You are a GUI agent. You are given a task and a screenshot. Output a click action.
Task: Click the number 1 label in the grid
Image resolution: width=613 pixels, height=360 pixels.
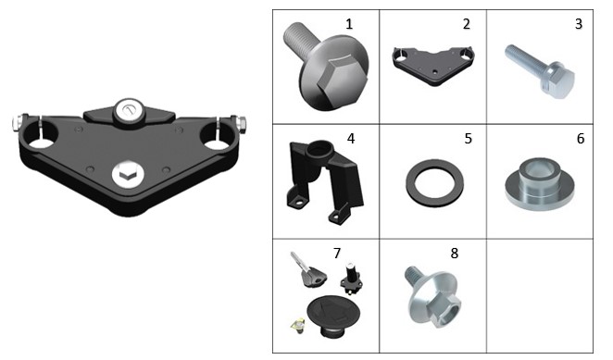point(349,24)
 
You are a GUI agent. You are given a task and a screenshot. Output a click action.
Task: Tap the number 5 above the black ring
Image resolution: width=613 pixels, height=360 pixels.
point(469,139)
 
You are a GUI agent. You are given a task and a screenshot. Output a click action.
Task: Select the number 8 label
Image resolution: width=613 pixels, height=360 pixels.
point(455,254)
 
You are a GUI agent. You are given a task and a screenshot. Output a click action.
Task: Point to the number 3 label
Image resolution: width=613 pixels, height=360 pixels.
point(579,24)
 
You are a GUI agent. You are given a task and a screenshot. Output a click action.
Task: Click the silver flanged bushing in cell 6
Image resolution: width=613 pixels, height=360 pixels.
point(540,184)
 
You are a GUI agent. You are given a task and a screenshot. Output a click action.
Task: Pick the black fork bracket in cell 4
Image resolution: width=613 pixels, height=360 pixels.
point(325,181)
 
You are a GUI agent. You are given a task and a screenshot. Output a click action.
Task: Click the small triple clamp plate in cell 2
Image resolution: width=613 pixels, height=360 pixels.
point(432,67)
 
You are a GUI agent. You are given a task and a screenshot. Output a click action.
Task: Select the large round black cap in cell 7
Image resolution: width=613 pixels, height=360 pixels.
point(333,313)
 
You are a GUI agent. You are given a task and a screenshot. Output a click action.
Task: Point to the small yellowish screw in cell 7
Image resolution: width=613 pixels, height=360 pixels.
point(298,325)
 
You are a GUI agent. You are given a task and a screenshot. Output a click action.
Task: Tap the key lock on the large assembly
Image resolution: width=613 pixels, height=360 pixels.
point(129,111)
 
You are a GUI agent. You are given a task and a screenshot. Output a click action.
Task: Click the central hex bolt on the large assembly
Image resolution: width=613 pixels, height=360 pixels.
point(128,174)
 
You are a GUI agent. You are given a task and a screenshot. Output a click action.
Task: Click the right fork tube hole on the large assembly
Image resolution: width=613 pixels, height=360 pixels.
point(214,136)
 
